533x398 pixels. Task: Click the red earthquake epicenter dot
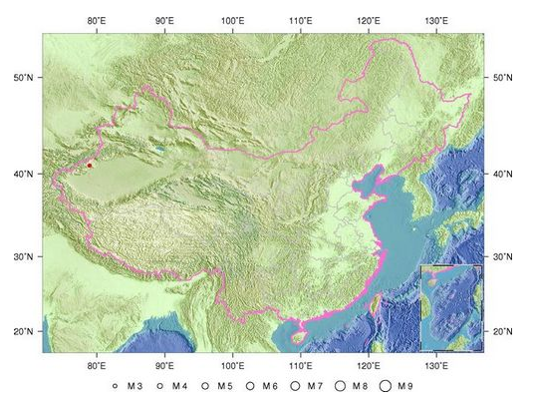(90, 165)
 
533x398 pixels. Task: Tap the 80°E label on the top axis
(97, 21)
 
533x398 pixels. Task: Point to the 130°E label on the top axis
(435, 21)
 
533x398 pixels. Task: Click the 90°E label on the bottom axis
(164, 364)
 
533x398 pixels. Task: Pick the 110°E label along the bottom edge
(300, 364)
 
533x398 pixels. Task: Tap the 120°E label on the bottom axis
(368, 364)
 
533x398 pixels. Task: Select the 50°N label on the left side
(23, 77)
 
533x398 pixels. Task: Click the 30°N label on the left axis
(23, 256)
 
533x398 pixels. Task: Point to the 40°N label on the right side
(504, 174)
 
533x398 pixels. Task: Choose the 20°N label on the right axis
(504, 331)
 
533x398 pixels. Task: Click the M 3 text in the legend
(135, 385)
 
